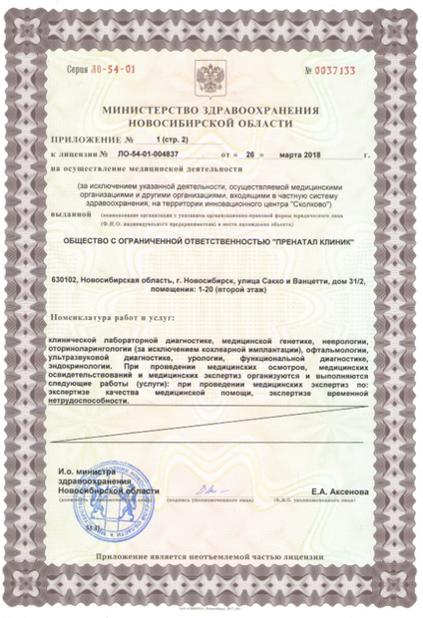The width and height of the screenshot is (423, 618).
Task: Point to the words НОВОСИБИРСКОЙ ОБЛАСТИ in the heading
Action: click(x=211, y=122)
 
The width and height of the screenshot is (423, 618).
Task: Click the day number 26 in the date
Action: click(x=250, y=155)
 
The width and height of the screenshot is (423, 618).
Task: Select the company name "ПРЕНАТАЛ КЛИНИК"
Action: click(x=291, y=239)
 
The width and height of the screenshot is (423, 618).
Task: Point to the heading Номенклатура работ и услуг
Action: click(x=112, y=316)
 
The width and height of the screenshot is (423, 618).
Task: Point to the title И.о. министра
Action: click(x=86, y=468)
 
